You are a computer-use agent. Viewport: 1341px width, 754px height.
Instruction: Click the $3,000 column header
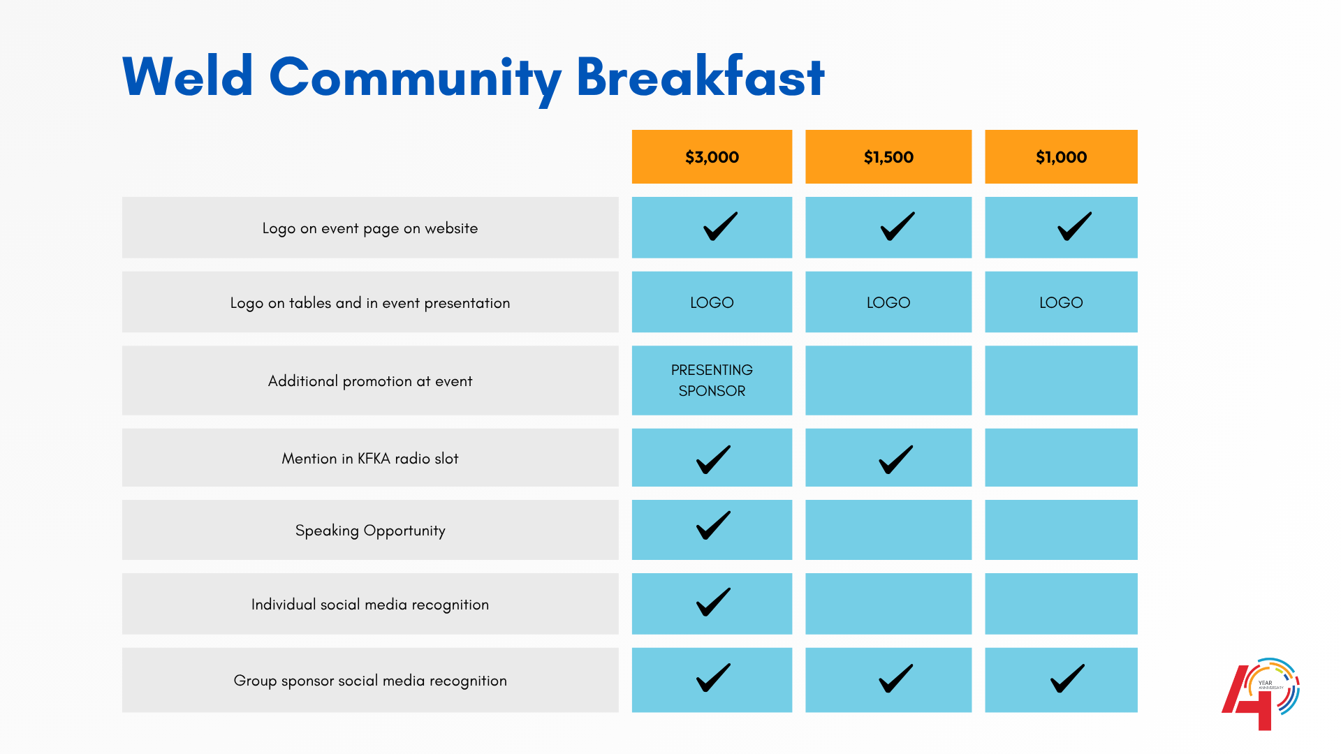712,157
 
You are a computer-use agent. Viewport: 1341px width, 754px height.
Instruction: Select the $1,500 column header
888,157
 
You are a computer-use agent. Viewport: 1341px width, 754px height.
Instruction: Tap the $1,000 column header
1060,157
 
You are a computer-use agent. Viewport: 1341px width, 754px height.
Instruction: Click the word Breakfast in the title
700,77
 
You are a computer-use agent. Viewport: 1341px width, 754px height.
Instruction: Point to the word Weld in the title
187,77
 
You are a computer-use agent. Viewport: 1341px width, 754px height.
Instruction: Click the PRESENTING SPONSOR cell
712,380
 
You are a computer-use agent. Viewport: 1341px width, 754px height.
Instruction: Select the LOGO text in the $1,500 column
888,302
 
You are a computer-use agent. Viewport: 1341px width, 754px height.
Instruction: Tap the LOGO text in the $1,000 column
1060,302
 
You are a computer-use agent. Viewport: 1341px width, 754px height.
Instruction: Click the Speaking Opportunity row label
370,531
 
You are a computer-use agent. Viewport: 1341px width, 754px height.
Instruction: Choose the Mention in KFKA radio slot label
370,459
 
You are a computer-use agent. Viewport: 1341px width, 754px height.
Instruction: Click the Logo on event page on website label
370,228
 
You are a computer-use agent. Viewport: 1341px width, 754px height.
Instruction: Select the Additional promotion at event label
370,381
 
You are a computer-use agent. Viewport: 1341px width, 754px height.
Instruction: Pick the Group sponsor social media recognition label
370,681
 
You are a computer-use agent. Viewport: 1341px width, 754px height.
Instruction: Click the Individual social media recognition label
370,605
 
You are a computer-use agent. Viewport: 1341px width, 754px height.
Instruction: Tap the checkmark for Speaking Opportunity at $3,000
713,526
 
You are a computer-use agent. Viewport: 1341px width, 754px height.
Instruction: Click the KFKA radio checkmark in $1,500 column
895,459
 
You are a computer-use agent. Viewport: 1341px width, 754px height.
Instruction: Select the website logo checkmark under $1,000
1074,226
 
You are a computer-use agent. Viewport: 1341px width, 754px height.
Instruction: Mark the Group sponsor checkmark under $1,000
1067,678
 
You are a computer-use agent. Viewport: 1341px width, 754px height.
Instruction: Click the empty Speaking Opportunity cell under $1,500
888,530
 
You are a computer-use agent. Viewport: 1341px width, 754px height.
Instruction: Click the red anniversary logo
1259,695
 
